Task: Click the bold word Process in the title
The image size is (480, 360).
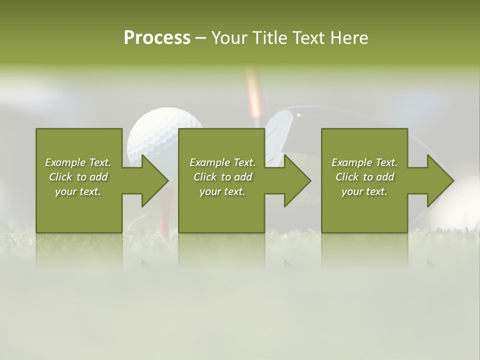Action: click(157, 38)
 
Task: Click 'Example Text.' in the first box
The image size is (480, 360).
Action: click(78, 162)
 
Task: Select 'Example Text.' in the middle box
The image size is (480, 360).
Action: click(222, 162)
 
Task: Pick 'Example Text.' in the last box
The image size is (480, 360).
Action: click(364, 162)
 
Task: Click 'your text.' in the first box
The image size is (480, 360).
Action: click(78, 191)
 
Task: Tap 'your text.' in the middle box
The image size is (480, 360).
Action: click(222, 191)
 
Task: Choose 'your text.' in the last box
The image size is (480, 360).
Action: click(364, 191)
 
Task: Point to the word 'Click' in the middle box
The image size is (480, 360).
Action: click(205, 177)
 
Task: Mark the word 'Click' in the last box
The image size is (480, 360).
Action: click(347, 177)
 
